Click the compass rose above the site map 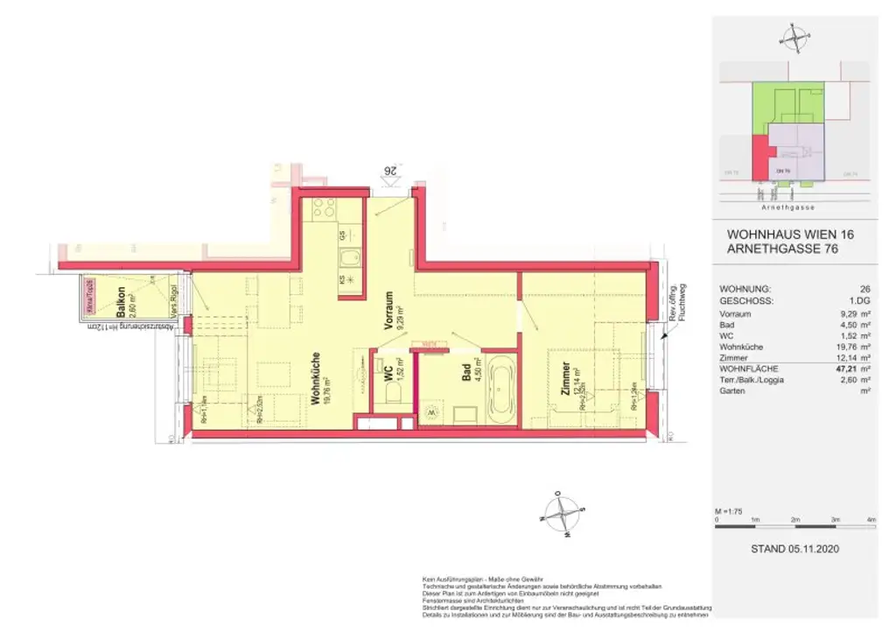pyautogui.click(x=794, y=38)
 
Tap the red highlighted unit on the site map pyautogui.click(x=758, y=160)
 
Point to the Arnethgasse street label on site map pyautogui.click(x=787, y=207)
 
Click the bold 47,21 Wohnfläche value pyautogui.click(x=842, y=369)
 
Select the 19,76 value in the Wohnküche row pyautogui.click(x=842, y=347)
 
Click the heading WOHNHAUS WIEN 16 pyautogui.click(x=790, y=235)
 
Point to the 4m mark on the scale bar pyautogui.click(x=871, y=520)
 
